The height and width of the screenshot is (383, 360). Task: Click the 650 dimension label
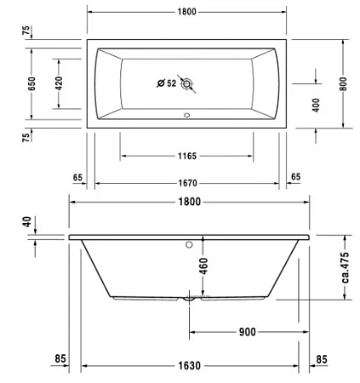tap(31, 83)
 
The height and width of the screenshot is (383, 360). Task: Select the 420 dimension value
tap(59, 83)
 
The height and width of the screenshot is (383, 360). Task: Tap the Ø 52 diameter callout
tap(166, 83)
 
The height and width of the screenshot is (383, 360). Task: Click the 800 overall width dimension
tap(342, 84)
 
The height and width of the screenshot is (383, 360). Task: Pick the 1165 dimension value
tap(187, 156)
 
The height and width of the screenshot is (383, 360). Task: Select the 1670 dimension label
tap(187, 182)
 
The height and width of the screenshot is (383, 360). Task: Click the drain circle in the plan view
tap(188, 83)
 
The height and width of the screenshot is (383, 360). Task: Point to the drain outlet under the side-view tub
tap(188, 299)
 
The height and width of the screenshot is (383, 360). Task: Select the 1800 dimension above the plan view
tap(187, 12)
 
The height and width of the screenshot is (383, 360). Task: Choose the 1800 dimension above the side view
tap(189, 203)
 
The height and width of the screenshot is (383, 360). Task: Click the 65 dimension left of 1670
tap(78, 177)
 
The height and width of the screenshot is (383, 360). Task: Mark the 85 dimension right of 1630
tap(320, 359)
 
